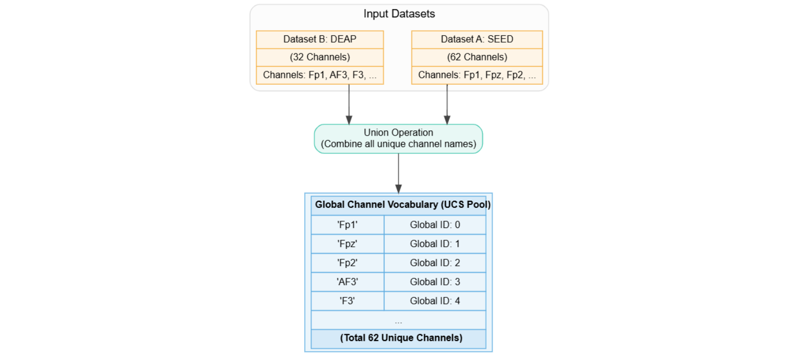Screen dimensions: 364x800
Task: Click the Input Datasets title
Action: coord(399,14)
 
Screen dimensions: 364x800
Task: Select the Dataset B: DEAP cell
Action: coord(320,40)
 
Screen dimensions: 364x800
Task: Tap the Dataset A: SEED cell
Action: coord(477,40)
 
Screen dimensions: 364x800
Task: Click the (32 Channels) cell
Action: coord(320,57)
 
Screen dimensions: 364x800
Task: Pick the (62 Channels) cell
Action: coord(477,57)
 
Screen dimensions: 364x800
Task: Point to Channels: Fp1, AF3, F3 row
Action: coord(320,75)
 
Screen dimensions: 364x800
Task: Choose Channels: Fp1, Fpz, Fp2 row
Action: coord(477,75)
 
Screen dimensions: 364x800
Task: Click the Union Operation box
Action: coord(398,139)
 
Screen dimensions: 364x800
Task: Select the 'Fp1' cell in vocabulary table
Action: coord(347,225)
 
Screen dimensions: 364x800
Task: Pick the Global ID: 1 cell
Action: coord(435,244)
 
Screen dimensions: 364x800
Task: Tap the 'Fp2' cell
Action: coord(347,263)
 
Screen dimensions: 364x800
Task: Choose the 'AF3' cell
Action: coord(347,282)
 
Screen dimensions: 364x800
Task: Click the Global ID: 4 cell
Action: coord(435,301)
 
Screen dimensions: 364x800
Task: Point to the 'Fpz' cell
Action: coord(347,244)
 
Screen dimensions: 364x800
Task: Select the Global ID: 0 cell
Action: coord(435,225)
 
